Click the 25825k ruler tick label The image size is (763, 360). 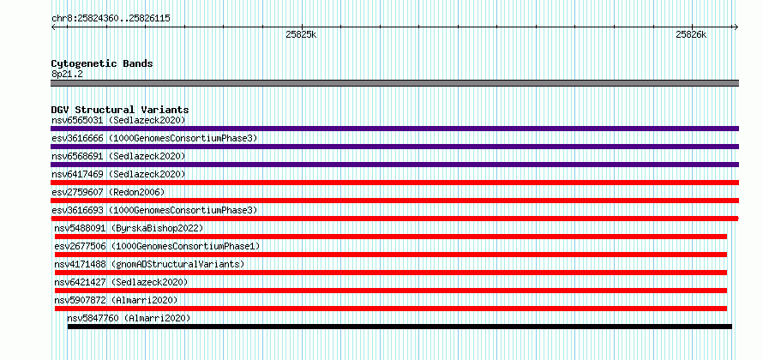[302, 34]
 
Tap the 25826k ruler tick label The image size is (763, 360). [691, 34]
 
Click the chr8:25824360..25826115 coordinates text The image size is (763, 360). [111, 19]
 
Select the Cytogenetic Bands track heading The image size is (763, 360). [102, 63]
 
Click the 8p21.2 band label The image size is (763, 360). [67, 75]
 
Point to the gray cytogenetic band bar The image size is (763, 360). [394, 83]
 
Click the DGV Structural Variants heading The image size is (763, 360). [120, 110]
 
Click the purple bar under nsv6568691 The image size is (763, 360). [394, 165]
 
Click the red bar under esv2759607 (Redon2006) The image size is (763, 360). [394, 201]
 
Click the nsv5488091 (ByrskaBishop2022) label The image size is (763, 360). [129, 228]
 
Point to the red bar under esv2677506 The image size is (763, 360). [391, 255]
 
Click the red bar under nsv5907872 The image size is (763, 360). [391, 309]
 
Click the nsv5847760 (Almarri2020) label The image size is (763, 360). [129, 318]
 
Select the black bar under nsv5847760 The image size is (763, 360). [400, 327]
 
